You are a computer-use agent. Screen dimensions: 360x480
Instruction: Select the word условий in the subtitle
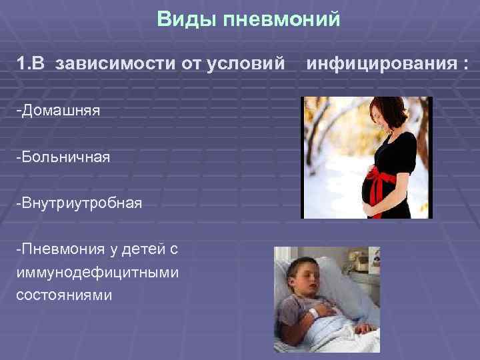[x=250, y=65]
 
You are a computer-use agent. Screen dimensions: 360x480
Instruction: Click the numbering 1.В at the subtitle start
[x=32, y=65]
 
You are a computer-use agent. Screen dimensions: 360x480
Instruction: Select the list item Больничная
[x=63, y=157]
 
